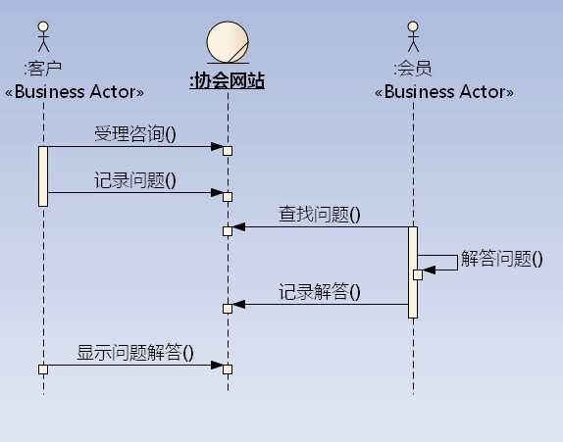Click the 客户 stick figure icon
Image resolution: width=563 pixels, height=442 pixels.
43,36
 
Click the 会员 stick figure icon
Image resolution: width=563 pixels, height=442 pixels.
413,36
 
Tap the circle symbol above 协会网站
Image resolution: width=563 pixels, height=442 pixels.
228,42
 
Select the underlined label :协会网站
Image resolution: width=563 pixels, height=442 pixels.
227,80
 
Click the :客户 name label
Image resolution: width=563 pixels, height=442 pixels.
43,69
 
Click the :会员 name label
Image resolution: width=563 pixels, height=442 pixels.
413,69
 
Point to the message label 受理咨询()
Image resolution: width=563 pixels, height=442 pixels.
135,134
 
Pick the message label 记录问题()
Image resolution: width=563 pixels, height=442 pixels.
135,180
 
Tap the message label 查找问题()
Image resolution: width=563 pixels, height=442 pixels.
320,215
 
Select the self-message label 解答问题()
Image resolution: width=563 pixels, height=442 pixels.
501,259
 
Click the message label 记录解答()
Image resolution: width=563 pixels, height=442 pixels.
320,292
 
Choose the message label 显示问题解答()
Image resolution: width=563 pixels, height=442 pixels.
135,352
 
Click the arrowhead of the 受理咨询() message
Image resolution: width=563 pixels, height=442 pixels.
217,146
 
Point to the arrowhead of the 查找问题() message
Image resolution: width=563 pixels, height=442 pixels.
238,226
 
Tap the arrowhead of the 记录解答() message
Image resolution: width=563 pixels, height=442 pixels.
238,304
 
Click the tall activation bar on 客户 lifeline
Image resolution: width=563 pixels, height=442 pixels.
43,176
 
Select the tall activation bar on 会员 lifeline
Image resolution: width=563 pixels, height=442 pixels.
413,272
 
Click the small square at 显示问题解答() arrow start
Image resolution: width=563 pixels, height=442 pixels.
43,369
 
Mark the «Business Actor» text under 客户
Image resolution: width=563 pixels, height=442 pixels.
75,92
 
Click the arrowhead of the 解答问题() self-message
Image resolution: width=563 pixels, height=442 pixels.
429,270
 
